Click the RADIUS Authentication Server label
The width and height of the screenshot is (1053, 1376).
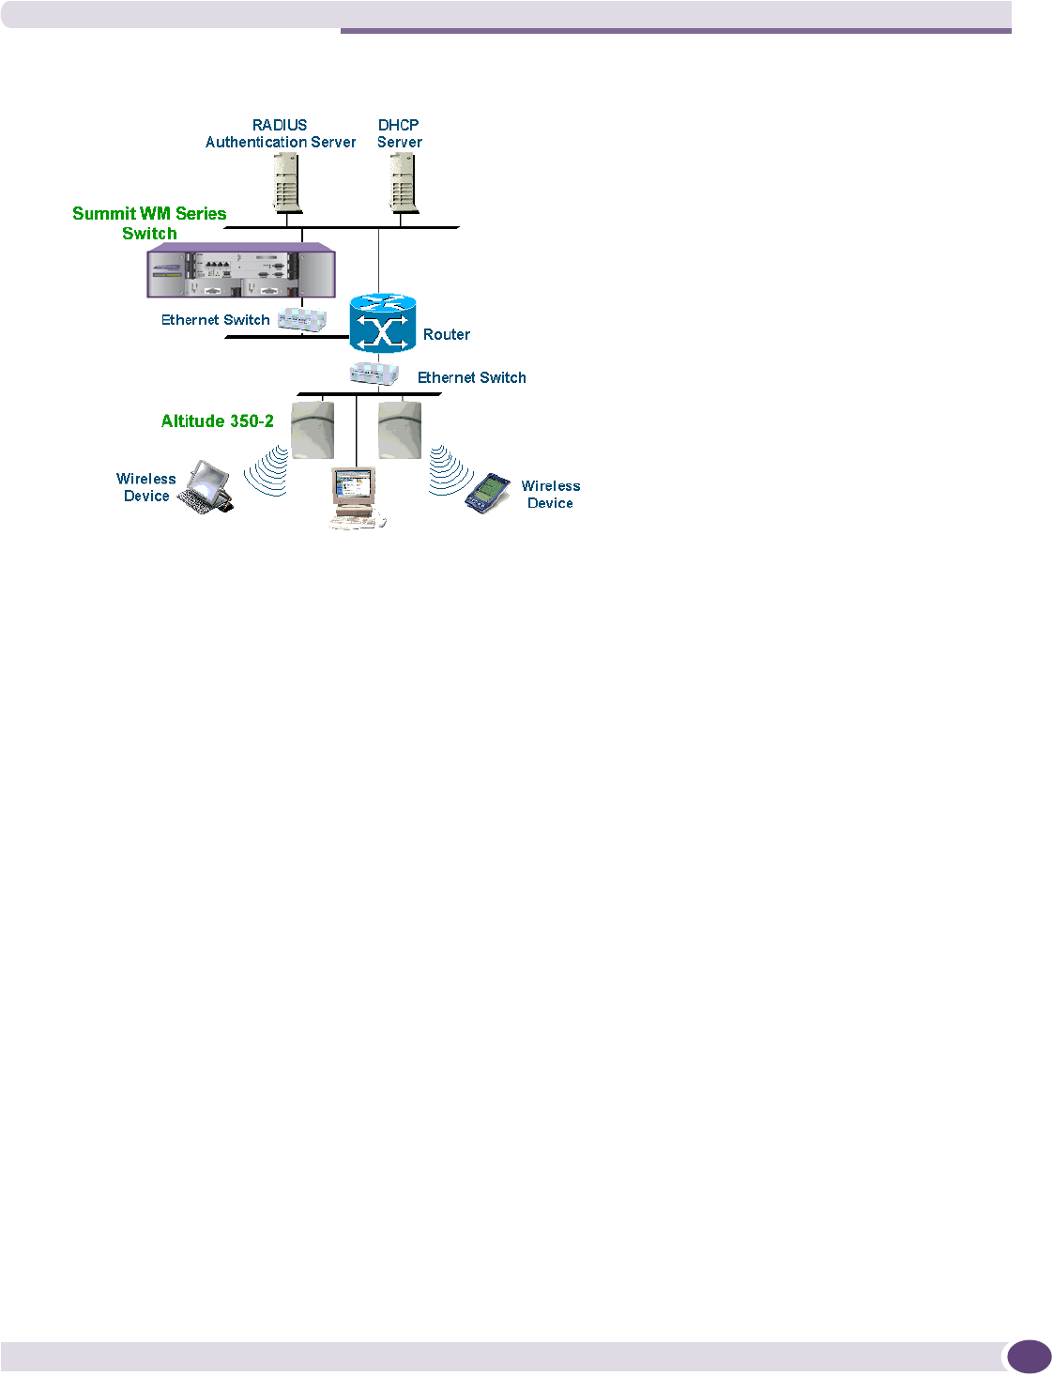pyautogui.click(x=280, y=133)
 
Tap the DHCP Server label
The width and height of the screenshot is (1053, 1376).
pyautogui.click(x=399, y=133)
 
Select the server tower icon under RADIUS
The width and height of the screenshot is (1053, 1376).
pyautogui.click(x=287, y=182)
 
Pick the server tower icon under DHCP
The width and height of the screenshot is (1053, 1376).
pyautogui.click(x=402, y=182)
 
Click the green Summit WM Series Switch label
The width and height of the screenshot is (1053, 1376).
pyautogui.click(x=149, y=223)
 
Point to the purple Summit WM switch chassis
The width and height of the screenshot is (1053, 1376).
pyautogui.click(x=241, y=270)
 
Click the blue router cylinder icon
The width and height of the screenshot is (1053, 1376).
pyautogui.click(x=382, y=324)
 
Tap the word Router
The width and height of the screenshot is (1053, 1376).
pyautogui.click(x=447, y=335)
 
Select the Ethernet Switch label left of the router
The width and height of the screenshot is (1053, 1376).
pyautogui.click(x=215, y=320)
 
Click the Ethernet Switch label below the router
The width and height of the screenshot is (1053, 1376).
pyautogui.click(x=471, y=377)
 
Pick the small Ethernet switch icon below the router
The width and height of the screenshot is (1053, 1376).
pyautogui.click(x=374, y=373)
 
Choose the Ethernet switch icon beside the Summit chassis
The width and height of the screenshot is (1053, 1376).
pyautogui.click(x=302, y=319)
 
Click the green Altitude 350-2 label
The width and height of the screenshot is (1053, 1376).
pyautogui.click(x=218, y=421)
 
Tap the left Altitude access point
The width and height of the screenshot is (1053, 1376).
pyautogui.click(x=313, y=430)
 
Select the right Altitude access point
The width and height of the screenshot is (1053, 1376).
pyautogui.click(x=400, y=430)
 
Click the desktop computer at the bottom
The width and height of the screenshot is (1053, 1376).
pyautogui.click(x=355, y=498)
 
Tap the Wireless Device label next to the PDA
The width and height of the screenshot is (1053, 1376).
pyautogui.click(x=551, y=495)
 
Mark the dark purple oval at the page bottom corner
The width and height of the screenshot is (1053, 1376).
pyautogui.click(x=1029, y=1357)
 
